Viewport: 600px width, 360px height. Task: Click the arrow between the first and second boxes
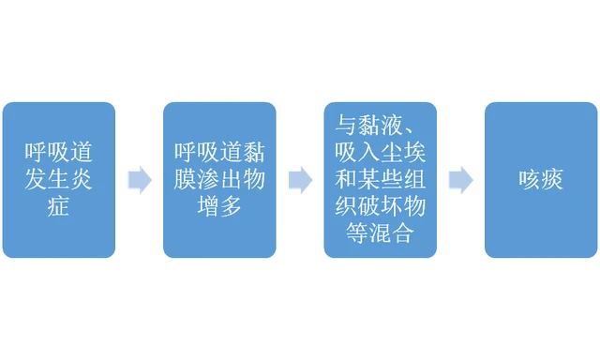[x=139, y=179]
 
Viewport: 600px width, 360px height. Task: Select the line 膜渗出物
[x=218, y=180]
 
